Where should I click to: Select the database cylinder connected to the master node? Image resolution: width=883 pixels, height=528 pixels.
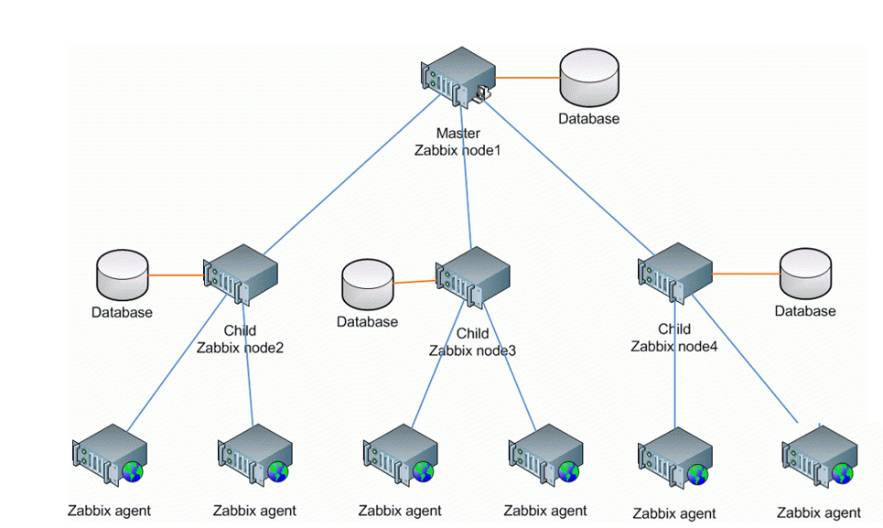coord(589,79)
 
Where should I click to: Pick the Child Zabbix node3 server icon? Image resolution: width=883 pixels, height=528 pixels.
coord(473,275)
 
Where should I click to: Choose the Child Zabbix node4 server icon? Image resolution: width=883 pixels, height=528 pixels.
coord(674,272)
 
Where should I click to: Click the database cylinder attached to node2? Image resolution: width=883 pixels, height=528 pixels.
coord(122,275)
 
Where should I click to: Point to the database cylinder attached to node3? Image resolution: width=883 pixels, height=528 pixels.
coord(367,285)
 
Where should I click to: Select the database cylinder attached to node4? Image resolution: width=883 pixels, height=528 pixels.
coord(805,275)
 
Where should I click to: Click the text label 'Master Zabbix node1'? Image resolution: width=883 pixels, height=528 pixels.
coord(458,142)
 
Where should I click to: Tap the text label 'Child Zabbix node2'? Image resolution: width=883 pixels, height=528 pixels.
coord(240,339)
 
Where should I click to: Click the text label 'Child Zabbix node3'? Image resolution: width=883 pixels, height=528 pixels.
coord(472,341)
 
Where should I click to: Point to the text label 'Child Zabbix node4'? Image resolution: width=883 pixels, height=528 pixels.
coord(674,337)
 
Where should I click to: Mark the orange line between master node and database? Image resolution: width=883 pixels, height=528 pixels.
coord(526,77)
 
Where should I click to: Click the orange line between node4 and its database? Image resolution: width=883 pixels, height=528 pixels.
coord(746,274)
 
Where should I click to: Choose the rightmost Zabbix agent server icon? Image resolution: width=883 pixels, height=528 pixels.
coord(820,456)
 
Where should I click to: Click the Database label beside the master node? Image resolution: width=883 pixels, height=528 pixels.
coord(589,119)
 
